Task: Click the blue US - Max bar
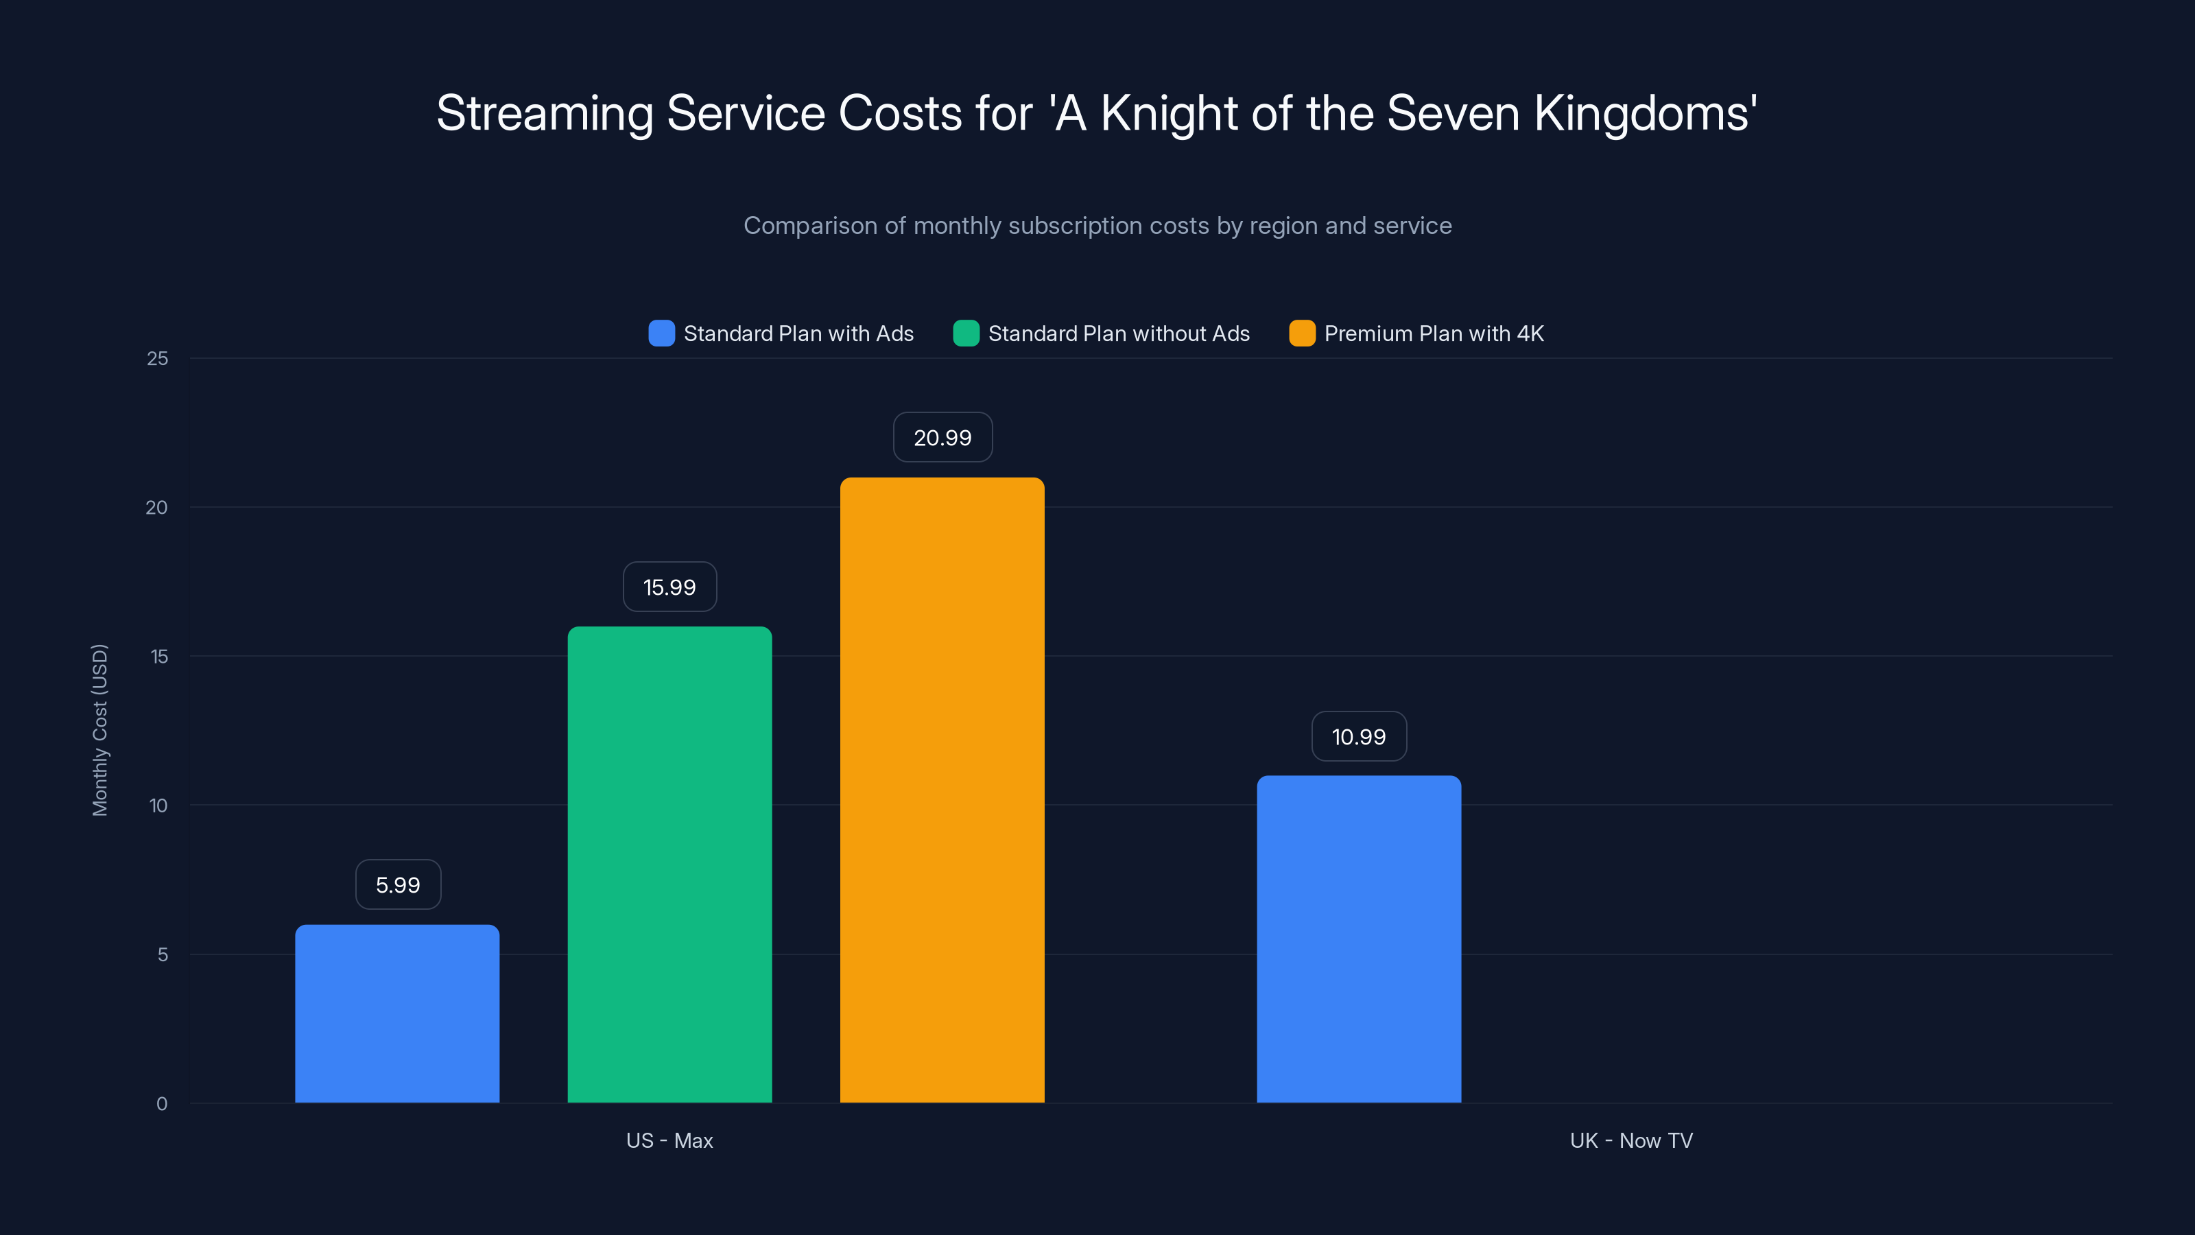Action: click(397, 1013)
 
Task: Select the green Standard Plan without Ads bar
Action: click(669, 864)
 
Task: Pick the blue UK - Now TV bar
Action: click(1358, 939)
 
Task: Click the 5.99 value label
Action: click(398, 884)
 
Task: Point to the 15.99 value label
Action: click(669, 587)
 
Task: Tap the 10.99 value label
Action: click(1358, 736)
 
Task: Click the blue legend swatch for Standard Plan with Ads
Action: click(661, 333)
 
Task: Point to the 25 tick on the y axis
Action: click(158, 359)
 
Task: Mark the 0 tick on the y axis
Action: click(162, 1104)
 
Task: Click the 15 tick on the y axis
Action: click(158, 657)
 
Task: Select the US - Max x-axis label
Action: click(669, 1140)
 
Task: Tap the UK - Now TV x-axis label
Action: click(1631, 1140)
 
